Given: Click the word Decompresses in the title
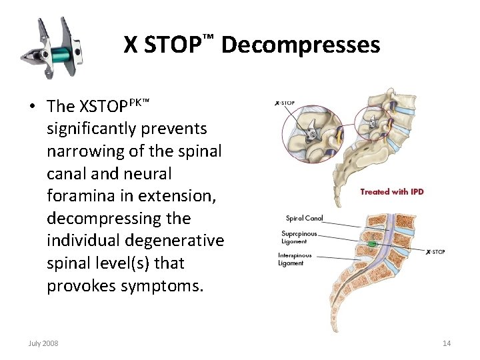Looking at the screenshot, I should [x=300, y=45].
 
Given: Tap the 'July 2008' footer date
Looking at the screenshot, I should [x=43, y=343].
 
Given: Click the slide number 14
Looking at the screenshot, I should [x=447, y=343].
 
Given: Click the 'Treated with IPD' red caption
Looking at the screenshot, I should [x=391, y=192].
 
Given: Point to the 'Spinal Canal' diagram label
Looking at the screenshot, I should [x=303, y=218].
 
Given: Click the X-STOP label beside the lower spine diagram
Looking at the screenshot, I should [x=435, y=251].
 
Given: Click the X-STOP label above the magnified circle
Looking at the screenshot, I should [x=285, y=103].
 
